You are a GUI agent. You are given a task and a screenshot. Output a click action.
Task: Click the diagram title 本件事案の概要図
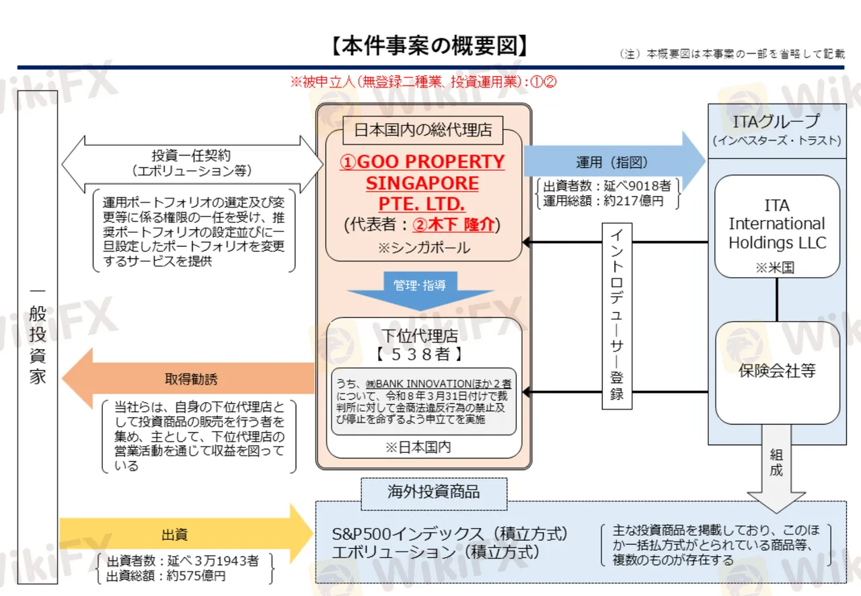429,46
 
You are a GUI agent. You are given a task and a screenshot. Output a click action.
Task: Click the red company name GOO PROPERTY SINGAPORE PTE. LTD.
422,183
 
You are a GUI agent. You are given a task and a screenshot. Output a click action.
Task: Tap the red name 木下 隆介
453,224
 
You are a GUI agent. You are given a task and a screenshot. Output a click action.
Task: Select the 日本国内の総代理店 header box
423,130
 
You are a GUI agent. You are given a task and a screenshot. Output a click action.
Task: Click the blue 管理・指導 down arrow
420,291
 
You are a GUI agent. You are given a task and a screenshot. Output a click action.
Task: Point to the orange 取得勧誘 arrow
188,379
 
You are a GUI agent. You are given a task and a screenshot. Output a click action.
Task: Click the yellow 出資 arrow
186,533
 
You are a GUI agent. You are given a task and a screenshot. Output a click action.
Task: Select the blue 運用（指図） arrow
614,161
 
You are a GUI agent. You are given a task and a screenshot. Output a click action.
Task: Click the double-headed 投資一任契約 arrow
192,164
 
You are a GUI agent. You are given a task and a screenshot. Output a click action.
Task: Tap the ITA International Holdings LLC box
777,227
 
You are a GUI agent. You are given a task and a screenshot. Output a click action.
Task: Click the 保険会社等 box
777,373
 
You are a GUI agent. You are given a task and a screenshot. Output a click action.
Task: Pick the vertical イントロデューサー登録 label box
617,316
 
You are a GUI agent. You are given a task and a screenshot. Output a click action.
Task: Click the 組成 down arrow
776,469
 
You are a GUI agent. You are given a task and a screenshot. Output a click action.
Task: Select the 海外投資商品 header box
434,494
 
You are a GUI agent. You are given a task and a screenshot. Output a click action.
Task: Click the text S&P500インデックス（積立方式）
450,533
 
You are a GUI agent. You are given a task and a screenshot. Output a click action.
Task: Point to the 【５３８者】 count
420,354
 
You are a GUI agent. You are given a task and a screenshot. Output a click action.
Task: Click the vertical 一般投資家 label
38,337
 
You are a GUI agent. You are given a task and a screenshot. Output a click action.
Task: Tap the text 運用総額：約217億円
603,200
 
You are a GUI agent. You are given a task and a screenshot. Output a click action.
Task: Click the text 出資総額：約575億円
166,576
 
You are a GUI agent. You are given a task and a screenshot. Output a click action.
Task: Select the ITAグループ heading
776,122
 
